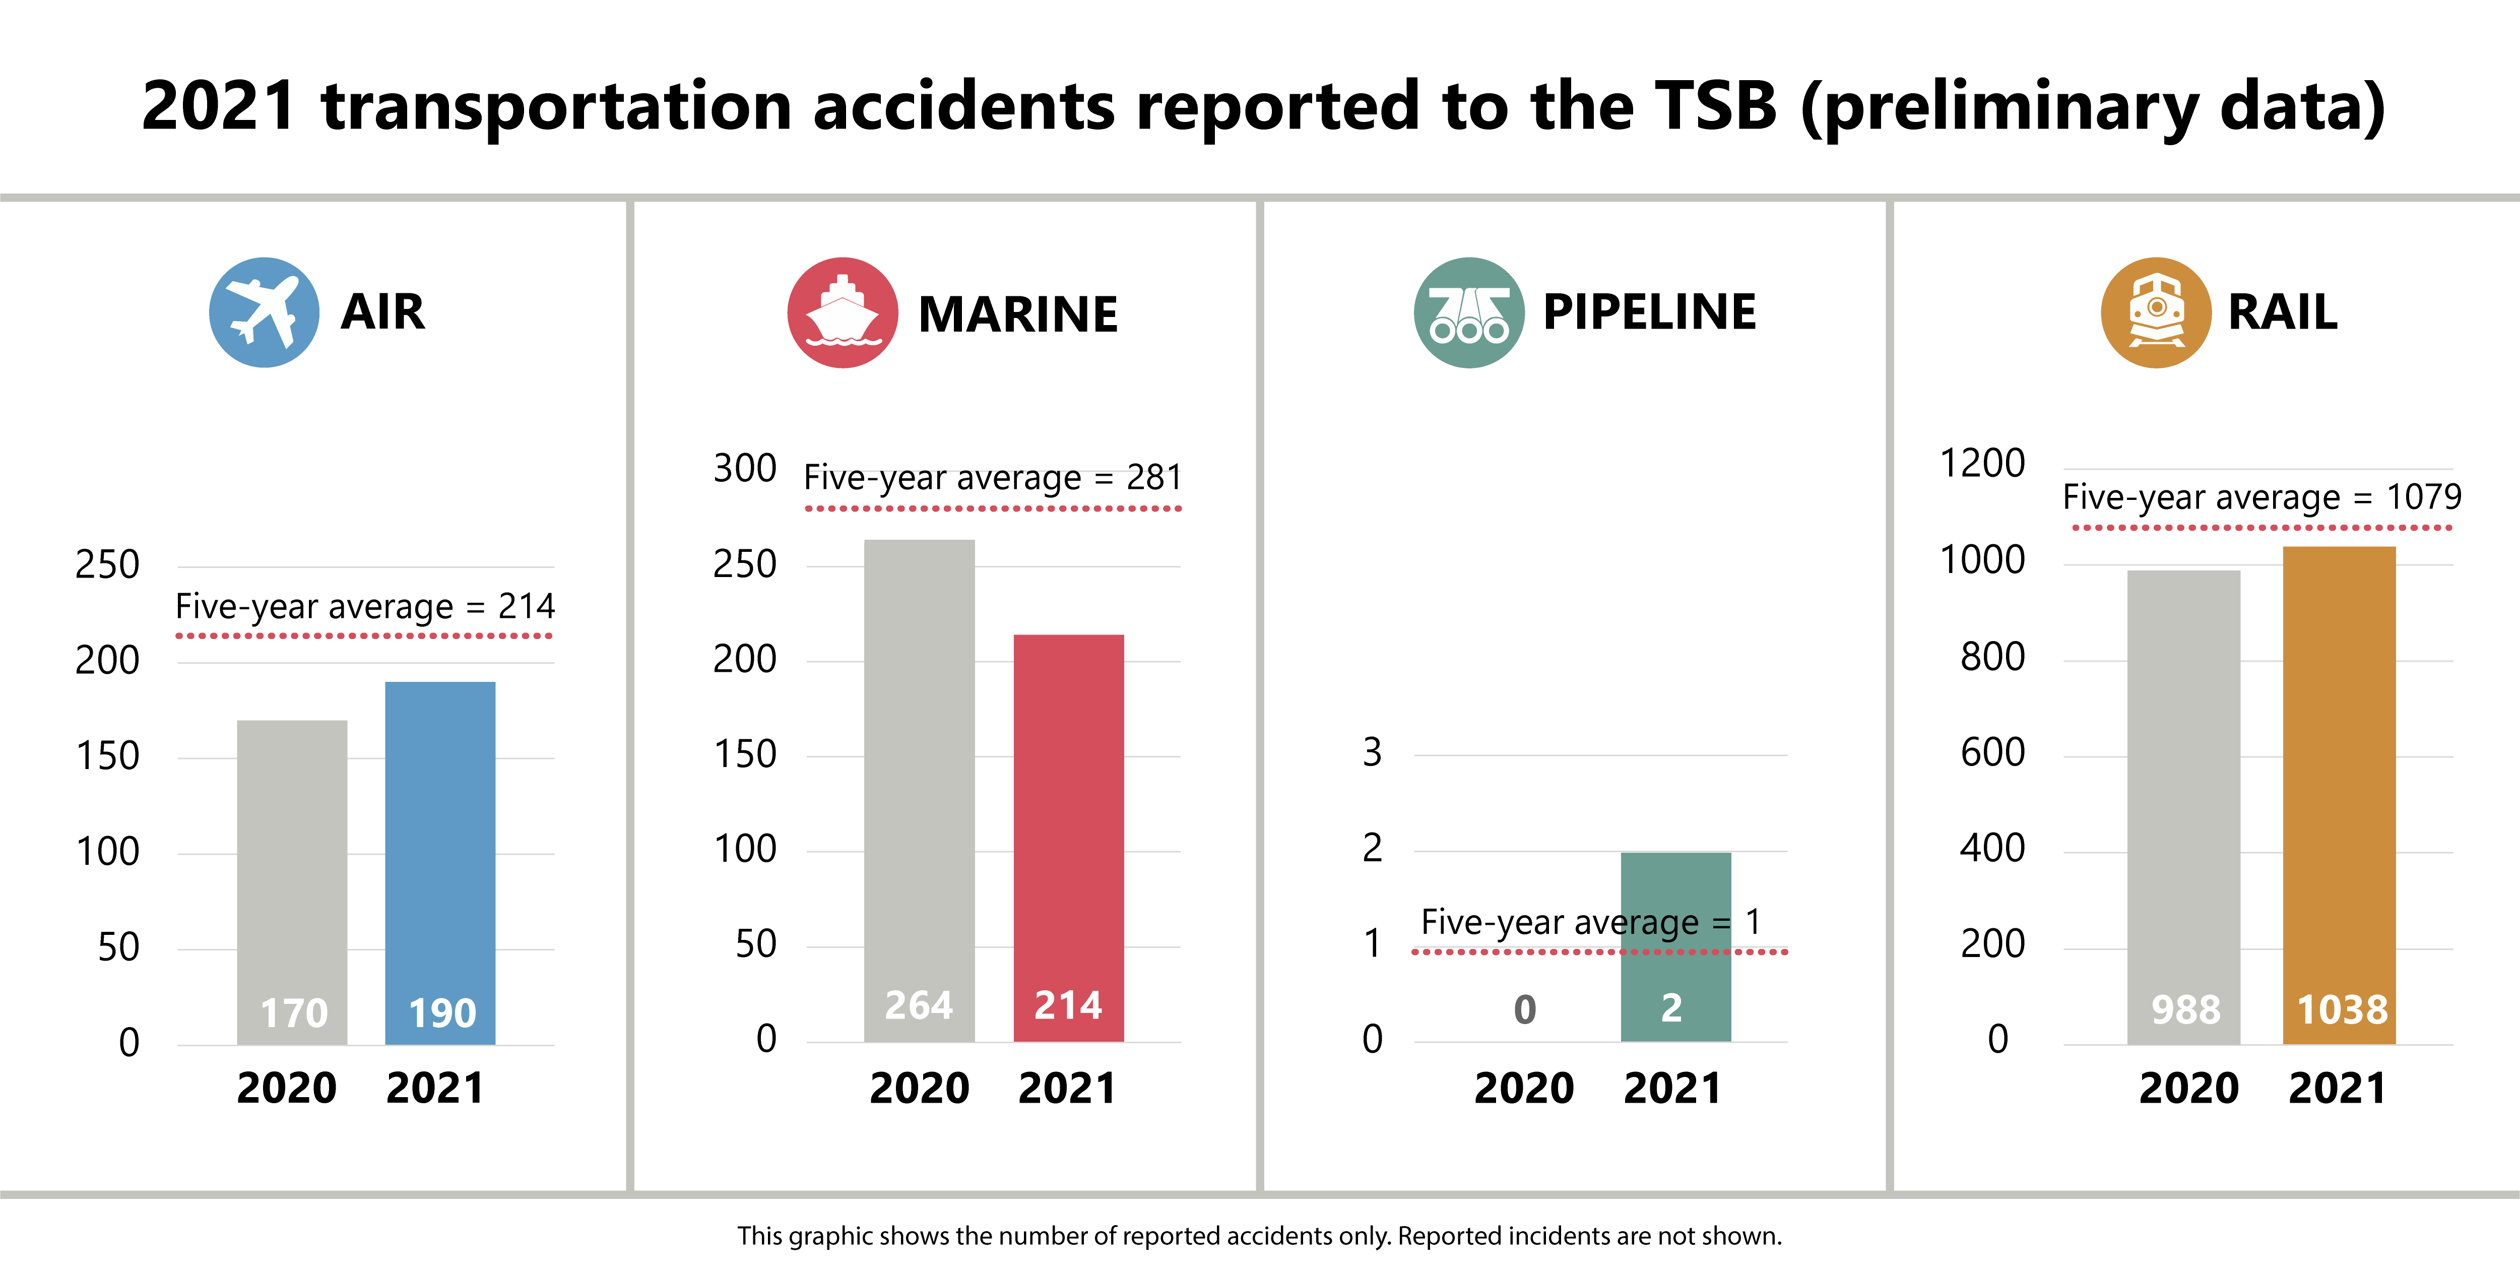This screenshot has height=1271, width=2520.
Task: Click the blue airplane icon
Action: point(263,312)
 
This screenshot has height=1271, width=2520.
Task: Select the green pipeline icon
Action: point(1468,312)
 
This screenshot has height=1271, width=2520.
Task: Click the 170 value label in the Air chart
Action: point(293,1012)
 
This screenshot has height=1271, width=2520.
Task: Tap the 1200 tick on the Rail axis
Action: point(1982,463)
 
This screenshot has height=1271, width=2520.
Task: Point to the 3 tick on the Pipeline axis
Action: point(1373,751)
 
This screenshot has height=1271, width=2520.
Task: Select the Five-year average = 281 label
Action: point(992,477)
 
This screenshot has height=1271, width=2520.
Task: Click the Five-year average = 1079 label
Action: point(2261,497)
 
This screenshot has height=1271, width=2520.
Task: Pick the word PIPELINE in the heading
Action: point(1649,312)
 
